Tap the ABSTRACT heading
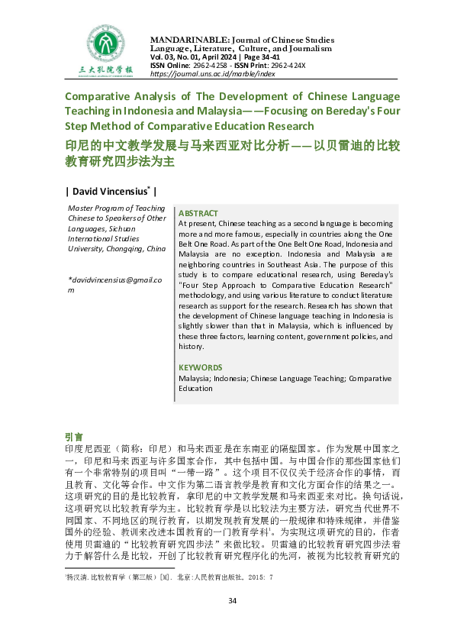[198, 213]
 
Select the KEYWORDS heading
[201, 367]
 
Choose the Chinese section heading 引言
[74, 436]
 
